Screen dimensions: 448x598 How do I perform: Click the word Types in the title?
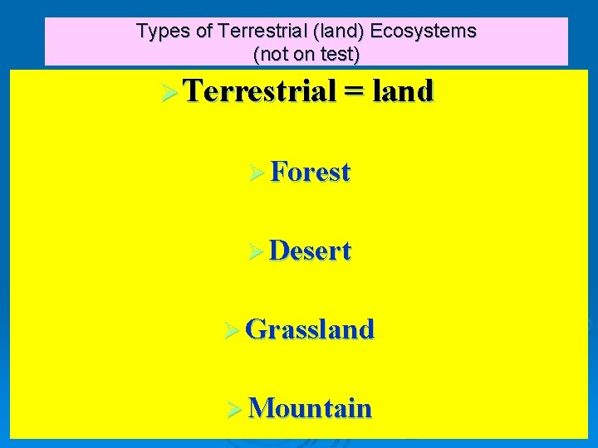[158, 32]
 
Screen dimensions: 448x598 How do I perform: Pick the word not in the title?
[274, 55]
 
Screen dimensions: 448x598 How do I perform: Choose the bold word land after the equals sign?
[403, 91]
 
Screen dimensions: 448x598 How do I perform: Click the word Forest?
[311, 172]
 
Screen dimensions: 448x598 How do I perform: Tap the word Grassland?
[311, 329]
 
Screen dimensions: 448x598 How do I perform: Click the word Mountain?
[310, 408]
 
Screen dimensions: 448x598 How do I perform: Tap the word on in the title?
[302, 55]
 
